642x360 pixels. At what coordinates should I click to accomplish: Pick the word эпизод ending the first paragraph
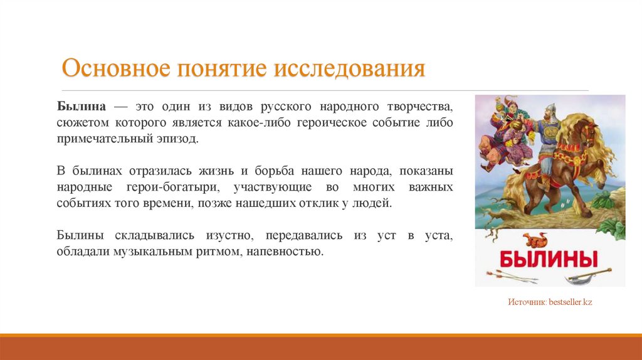click(179, 138)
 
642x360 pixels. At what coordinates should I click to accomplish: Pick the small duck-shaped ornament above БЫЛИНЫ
click(537, 240)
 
